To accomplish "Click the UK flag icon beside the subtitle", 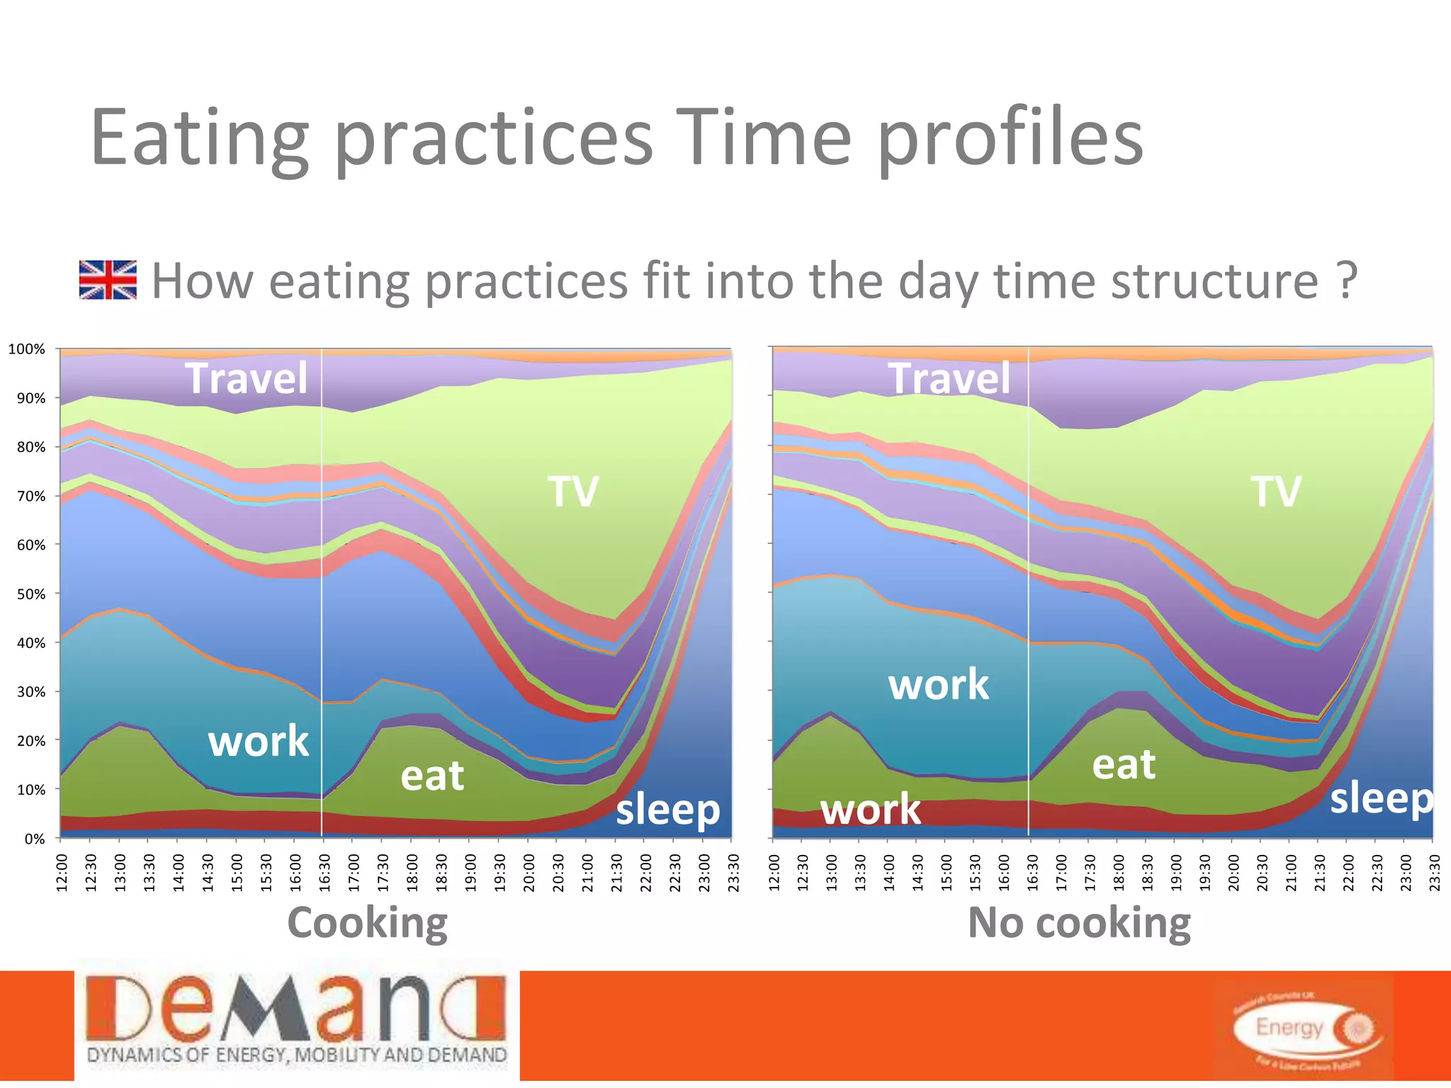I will (108, 280).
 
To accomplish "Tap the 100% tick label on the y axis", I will (27, 349).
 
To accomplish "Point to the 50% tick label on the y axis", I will (30, 594).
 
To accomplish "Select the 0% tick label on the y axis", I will (34, 839).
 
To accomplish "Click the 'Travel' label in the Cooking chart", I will (247, 378).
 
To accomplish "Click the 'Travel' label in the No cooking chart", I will (949, 378).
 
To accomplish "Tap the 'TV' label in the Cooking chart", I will (572, 491).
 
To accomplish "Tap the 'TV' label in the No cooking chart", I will (1275, 491).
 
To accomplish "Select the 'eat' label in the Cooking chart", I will (432, 776).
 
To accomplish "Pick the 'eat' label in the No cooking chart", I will (1124, 764).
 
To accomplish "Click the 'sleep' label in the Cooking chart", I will (667, 810).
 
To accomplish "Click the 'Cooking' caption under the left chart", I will (367, 923).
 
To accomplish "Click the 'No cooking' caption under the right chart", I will (1079, 923).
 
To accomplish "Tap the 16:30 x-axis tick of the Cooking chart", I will (324, 872).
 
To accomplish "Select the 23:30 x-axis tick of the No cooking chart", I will (1434, 872).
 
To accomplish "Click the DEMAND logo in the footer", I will (297, 1020).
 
